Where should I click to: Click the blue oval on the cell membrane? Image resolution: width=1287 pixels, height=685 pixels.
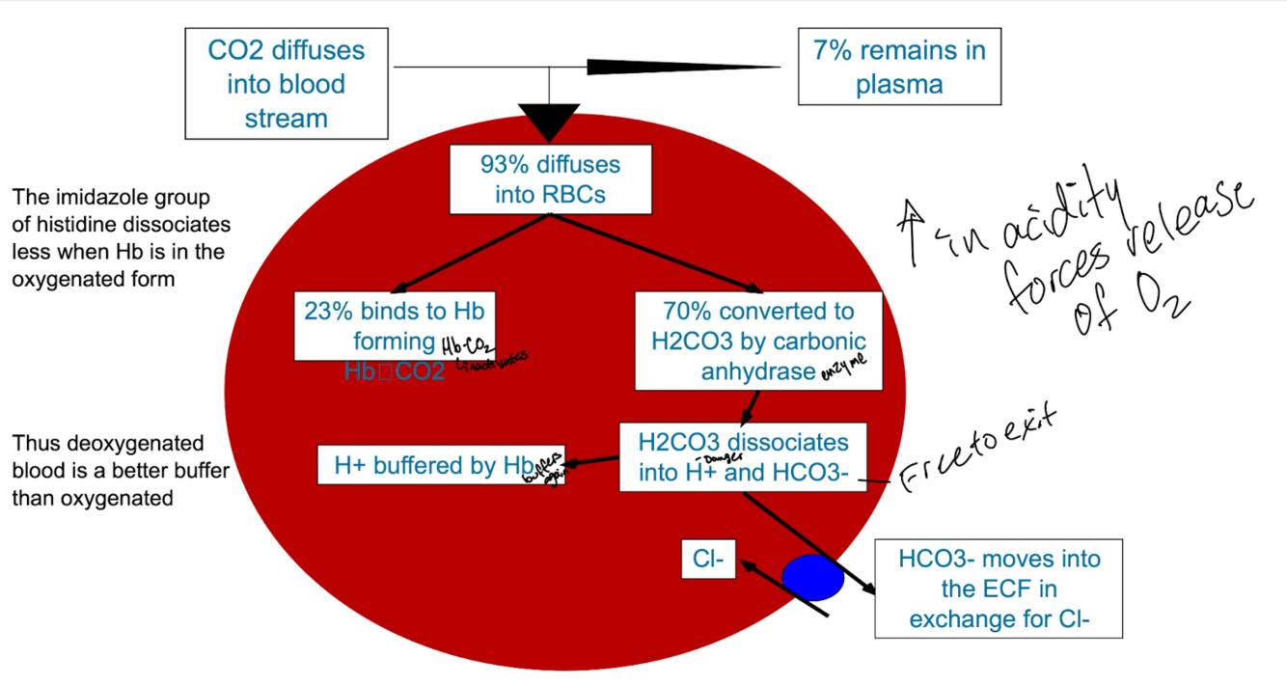coord(812,578)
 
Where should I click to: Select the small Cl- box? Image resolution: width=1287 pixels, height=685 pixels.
coord(709,559)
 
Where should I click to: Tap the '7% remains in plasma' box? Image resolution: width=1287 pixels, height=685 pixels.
coord(899,67)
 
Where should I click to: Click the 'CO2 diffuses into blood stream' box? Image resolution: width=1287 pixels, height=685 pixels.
coord(286,84)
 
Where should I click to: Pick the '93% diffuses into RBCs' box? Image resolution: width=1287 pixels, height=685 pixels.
coord(550,178)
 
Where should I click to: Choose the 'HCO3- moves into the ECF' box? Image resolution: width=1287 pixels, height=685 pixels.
coord(999,589)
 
